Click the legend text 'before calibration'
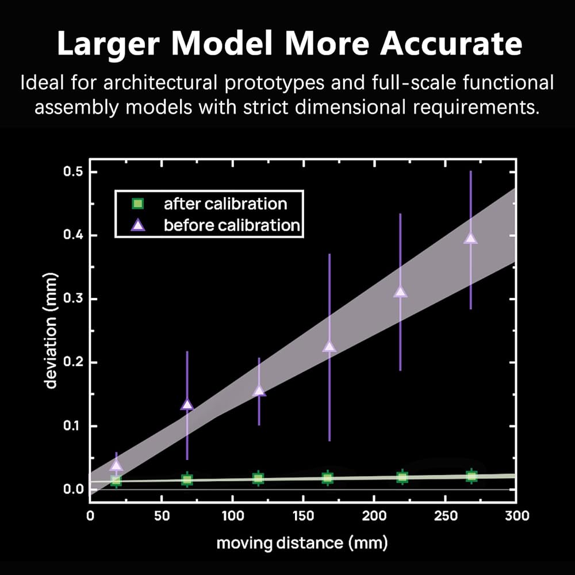click(x=232, y=225)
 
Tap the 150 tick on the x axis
click(x=302, y=516)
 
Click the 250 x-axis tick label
click(x=445, y=516)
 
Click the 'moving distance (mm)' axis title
click(x=302, y=542)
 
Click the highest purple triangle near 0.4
click(x=471, y=238)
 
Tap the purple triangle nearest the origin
click(x=116, y=465)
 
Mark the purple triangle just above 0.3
click(x=400, y=292)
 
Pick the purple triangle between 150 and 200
click(x=329, y=346)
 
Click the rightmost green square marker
click(x=471, y=476)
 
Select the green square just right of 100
click(x=258, y=478)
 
